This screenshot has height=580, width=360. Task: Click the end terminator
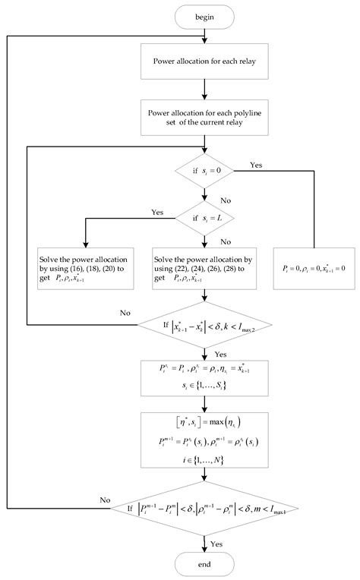203,563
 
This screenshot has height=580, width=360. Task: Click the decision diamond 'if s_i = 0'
203,176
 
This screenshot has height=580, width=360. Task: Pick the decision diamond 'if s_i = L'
203,221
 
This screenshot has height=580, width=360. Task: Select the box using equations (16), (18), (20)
86,266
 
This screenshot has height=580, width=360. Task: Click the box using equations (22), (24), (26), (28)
203,266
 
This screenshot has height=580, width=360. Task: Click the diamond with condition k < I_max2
203,327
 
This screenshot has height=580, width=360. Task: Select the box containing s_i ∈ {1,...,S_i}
203,380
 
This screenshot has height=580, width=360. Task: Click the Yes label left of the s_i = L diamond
157,212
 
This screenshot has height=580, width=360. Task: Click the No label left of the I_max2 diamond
124,310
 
